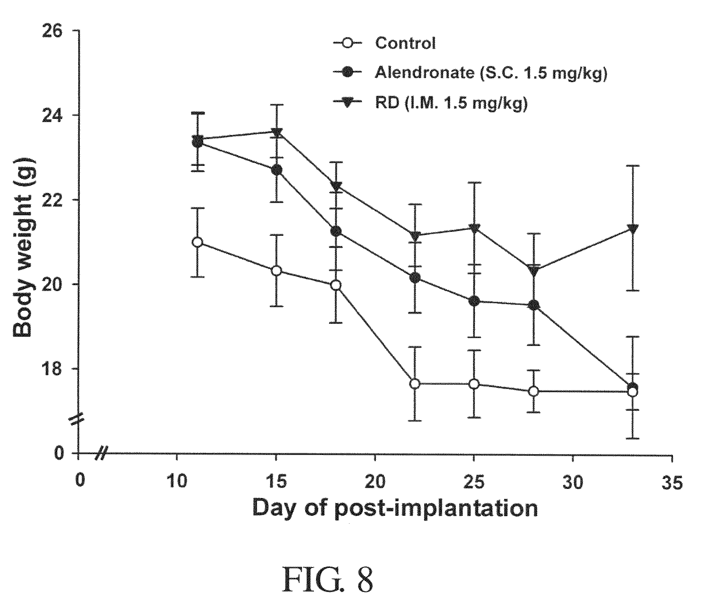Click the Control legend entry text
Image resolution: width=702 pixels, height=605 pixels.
405,43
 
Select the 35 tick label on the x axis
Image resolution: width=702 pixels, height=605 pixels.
672,483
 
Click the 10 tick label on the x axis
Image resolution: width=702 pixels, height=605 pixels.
176,483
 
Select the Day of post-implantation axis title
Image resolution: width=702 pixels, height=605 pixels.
395,508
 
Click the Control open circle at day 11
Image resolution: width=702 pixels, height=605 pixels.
197,242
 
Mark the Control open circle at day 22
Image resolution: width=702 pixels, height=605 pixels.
415,383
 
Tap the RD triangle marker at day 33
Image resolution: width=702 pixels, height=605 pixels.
633,229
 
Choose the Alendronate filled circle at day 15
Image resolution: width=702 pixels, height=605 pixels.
276,170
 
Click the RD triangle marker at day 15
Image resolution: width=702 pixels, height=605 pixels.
277,133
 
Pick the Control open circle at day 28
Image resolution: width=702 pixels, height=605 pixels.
533,391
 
